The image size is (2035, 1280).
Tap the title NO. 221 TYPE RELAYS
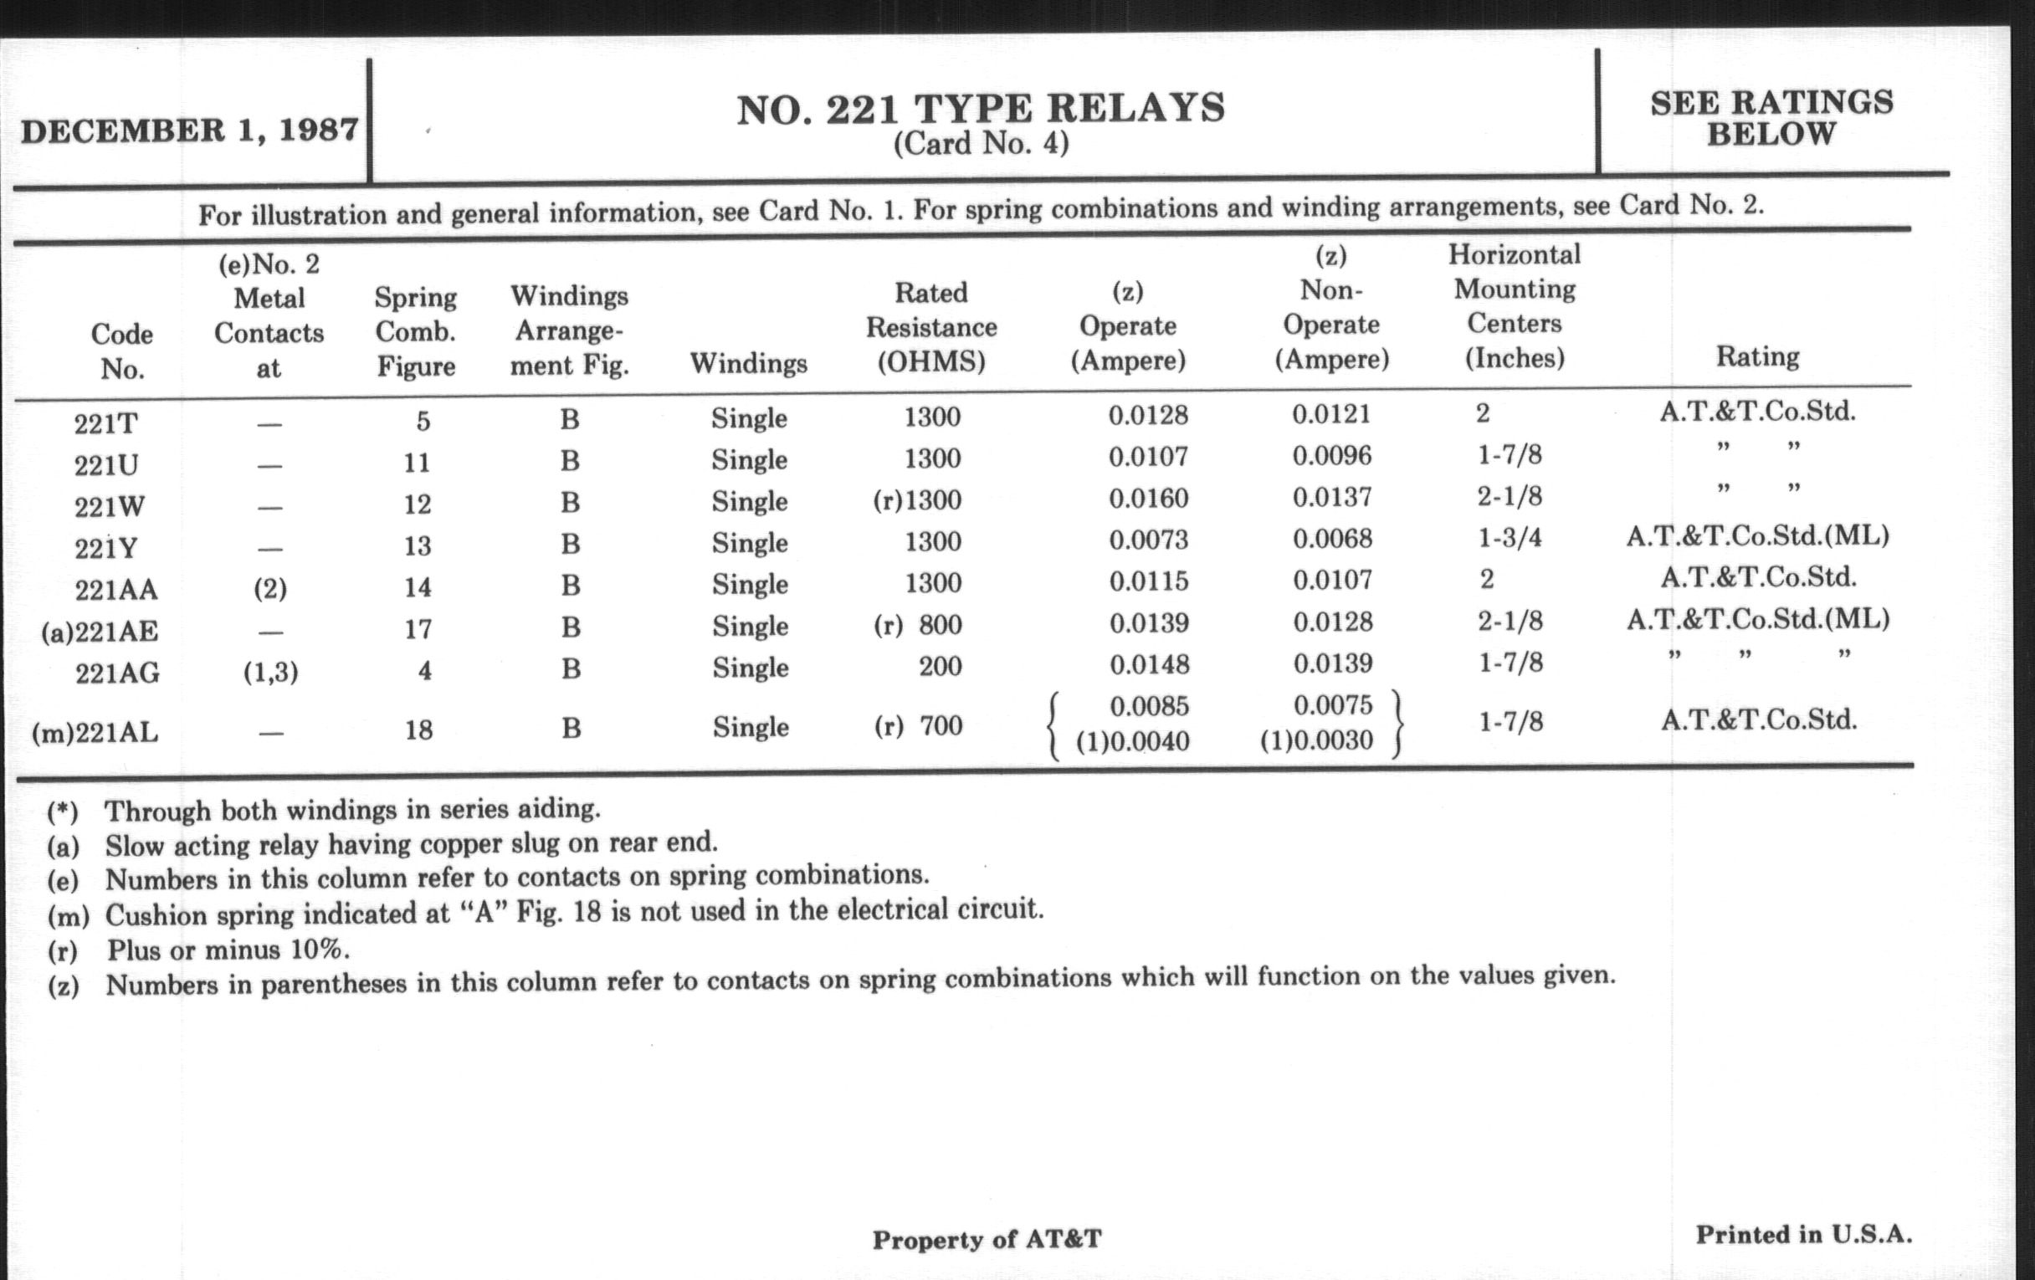(x=981, y=110)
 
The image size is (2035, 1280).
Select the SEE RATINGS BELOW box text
(x=1771, y=118)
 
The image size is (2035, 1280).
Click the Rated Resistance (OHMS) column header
(x=931, y=327)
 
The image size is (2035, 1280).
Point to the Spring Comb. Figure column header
(x=416, y=331)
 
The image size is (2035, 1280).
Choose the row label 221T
(x=105, y=422)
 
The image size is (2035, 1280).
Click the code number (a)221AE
(x=100, y=631)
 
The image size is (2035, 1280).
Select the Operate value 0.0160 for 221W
(x=1149, y=499)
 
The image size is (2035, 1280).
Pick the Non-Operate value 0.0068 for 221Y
(x=1332, y=538)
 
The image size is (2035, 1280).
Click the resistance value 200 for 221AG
(x=940, y=666)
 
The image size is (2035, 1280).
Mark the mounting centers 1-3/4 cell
(x=1510, y=537)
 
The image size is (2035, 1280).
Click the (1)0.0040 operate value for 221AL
(x=1132, y=741)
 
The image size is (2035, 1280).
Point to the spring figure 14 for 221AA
(x=418, y=587)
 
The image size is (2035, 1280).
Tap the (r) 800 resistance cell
(x=918, y=625)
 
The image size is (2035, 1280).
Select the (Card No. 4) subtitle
(x=981, y=145)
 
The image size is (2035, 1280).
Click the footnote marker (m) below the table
(x=68, y=916)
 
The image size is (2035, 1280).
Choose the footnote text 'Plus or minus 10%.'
(x=228, y=950)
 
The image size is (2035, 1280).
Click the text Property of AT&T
(x=987, y=1240)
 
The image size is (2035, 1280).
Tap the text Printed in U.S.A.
(x=1803, y=1234)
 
